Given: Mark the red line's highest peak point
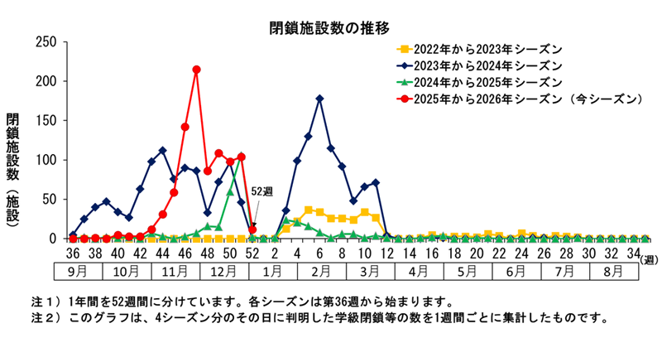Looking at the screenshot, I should point(196,70).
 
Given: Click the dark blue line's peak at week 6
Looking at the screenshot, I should point(320,99).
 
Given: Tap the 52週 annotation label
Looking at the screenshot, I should point(261,191).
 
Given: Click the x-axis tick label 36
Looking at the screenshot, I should point(73,253).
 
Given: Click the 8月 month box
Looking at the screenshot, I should point(612,271).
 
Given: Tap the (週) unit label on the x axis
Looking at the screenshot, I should point(650,258).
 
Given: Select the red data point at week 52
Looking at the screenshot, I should point(252,229).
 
